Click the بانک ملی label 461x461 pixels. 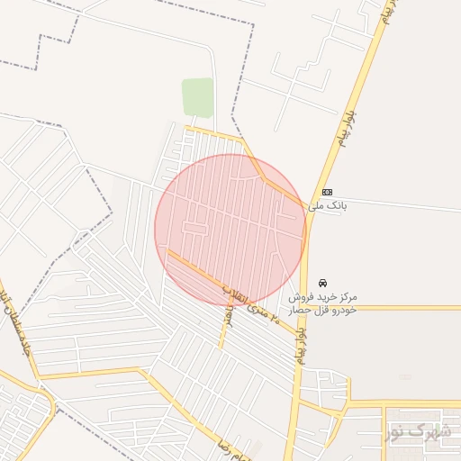[327, 206]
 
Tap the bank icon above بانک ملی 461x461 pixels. [326, 192]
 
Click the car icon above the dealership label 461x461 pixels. [322, 282]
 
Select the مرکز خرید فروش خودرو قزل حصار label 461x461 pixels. [323, 303]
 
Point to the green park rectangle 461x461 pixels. [197, 96]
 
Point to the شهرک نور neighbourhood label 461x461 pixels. [418, 432]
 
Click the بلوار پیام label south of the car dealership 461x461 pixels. [300, 347]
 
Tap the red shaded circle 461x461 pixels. [230, 230]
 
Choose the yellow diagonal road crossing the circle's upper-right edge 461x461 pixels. [270, 180]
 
